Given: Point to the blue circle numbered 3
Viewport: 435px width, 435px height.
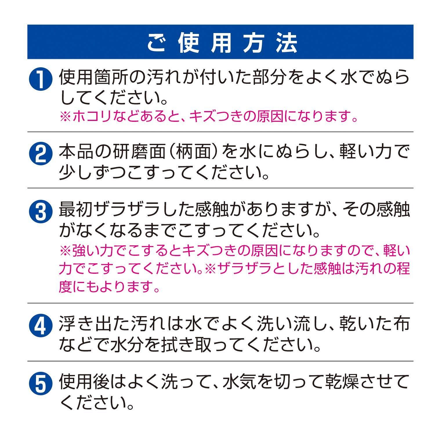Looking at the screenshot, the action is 41,212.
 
